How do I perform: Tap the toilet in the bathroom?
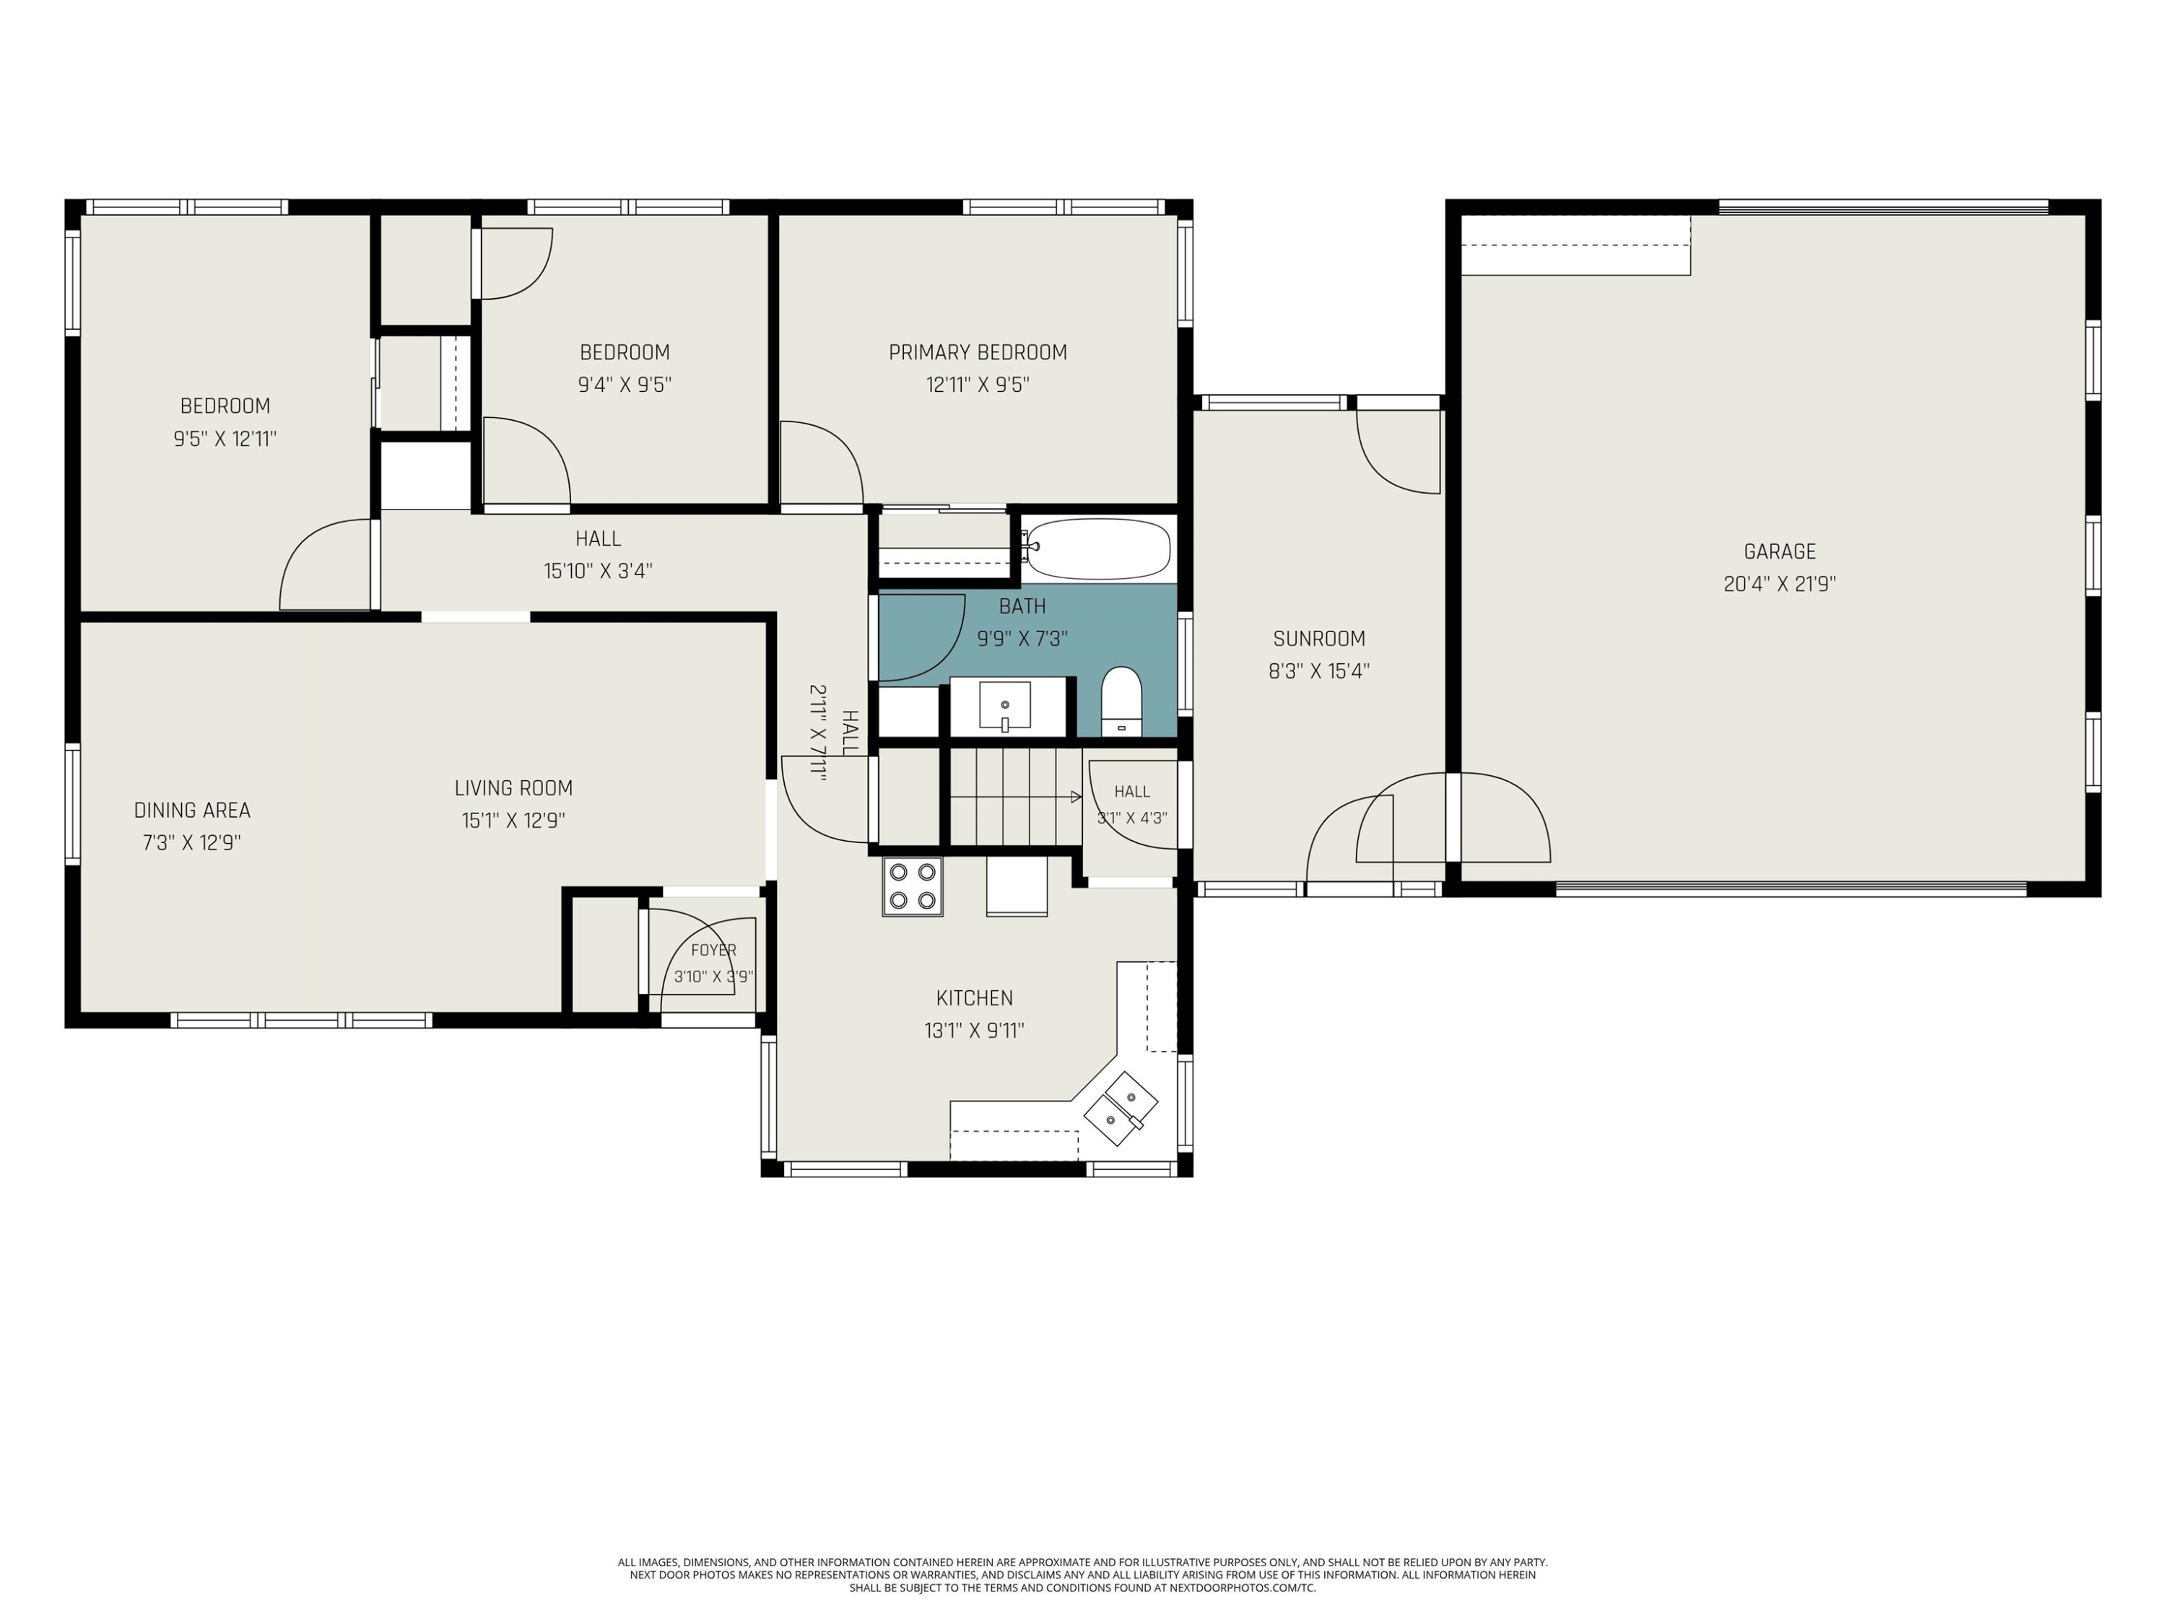point(1122,701)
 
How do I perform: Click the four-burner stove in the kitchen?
point(913,886)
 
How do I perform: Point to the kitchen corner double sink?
point(1122,1108)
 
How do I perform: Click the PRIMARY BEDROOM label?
point(978,352)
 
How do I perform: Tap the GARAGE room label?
point(1779,552)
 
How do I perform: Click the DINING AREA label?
point(192,811)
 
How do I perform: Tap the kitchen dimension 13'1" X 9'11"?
point(974,1031)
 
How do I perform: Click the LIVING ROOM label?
point(513,788)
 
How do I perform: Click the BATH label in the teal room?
point(1022,607)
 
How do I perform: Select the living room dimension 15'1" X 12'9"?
point(513,821)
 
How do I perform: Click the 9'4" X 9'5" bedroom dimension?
point(625,385)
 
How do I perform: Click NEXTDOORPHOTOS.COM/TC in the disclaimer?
point(1243,1588)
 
